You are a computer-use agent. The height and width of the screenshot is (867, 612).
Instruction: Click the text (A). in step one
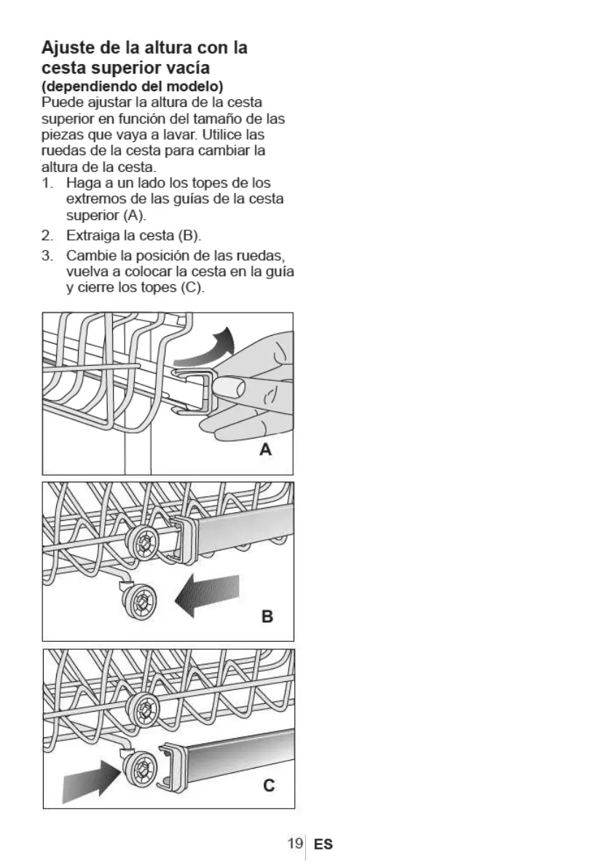pyautogui.click(x=131, y=215)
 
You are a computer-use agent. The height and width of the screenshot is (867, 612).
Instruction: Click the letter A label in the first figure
pyautogui.click(x=266, y=450)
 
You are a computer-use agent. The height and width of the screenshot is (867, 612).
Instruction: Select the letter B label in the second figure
pyautogui.click(x=267, y=617)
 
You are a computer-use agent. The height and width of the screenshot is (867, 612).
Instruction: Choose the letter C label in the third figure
pyautogui.click(x=268, y=785)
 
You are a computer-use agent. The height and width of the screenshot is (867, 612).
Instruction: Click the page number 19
pyautogui.click(x=294, y=844)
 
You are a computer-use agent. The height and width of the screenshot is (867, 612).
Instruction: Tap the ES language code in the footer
pyautogui.click(x=323, y=844)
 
